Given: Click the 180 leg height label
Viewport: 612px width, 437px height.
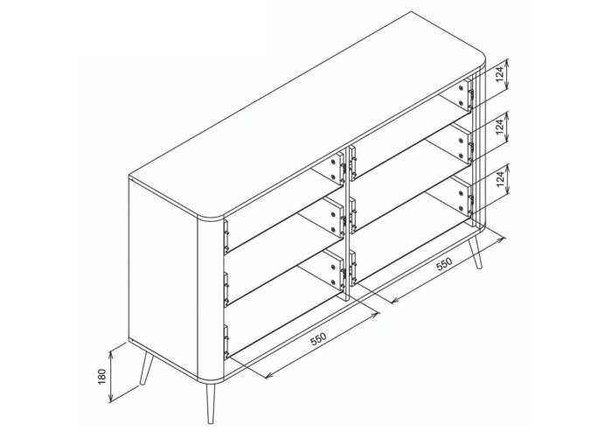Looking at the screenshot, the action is click(x=102, y=377).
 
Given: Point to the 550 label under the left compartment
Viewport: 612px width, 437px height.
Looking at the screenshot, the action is click(x=318, y=339).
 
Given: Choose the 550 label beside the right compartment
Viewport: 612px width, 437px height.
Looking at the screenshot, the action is click(x=444, y=264).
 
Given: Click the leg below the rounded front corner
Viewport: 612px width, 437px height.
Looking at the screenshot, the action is click(x=210, y=403).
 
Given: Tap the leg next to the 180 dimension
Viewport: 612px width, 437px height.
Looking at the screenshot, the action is click(x=147, y=368).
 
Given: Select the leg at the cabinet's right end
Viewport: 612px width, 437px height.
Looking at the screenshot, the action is click(x=476, y=252).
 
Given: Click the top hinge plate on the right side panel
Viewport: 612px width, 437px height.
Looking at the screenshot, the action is click(x=463, y=94).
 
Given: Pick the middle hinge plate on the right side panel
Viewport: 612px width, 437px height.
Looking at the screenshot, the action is click(x=462, y=145).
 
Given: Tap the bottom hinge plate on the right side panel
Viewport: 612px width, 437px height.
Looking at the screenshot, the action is click(x=462, y=197).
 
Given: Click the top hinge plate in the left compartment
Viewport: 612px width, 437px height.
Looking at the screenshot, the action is click(x=333, y=170).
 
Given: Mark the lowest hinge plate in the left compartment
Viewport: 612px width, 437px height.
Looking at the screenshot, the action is click(x=332, y=273).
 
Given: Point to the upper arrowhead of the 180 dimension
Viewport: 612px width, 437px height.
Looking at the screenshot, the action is click(x=110, y=352).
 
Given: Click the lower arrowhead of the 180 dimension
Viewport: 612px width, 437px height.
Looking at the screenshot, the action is click(x=110, y=399).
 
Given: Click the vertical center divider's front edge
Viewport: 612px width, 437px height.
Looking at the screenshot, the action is click(x=346, y=225).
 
